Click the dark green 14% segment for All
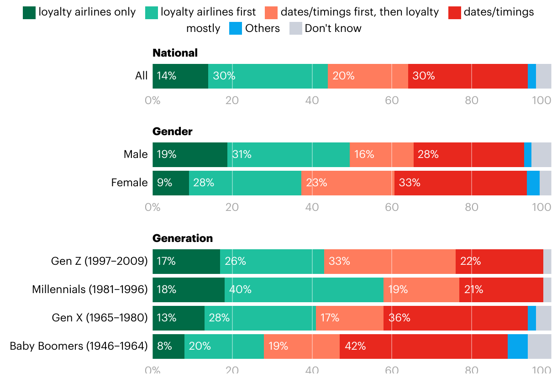[x=180, y=76]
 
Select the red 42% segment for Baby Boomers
[x=423, y=346]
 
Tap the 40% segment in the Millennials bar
[x=304, y=290]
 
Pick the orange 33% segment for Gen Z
[x=389, y=262]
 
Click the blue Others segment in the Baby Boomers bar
[x=517, y=346]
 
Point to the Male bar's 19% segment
[x=190, y=155]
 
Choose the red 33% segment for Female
[x=460, y=183]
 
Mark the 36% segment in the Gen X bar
[x=455, y=318]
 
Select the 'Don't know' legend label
[x=333, y=28]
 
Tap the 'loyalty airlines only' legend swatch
[x=29, y=12]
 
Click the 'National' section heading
[x=175, y=53]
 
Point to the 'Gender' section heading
[x=173, y=131]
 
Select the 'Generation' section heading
[x=183, y=238]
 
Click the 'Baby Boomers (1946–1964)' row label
[x=79, y=346]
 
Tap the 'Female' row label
[x=129, y=183]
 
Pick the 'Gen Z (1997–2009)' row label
[x=99, y=261]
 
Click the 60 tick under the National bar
[x=392, y=100]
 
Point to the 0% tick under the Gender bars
[x=152, y=207]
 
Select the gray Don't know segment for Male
[x=541, y=155]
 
